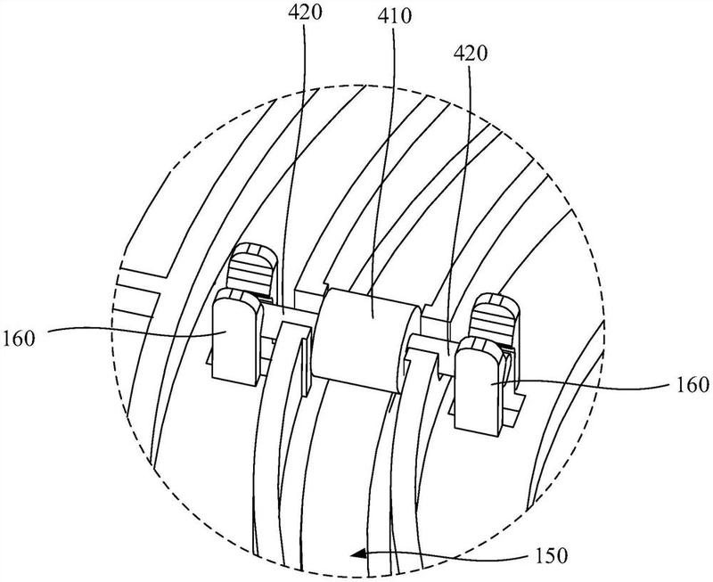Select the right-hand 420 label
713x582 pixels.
[470, 53]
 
